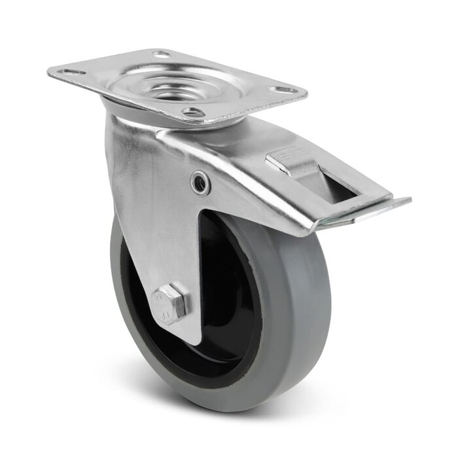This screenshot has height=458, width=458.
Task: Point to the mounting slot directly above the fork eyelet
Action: click(190, 112)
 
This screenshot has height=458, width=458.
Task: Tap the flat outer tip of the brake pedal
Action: click(393, 205)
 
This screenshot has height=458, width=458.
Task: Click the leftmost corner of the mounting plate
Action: click(50, 73)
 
